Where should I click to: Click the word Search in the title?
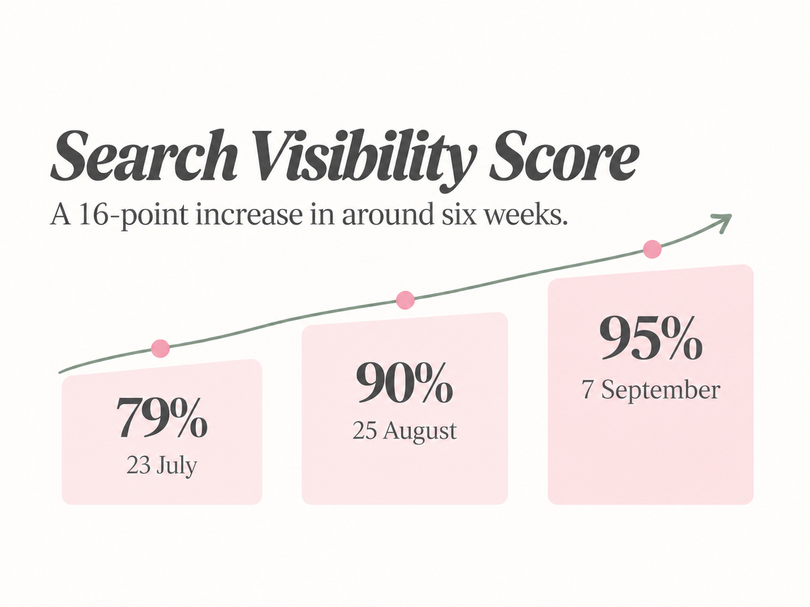point(144,156)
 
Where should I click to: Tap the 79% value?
point(162,416)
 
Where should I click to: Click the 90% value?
point(404,382)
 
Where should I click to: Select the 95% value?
point(651,338)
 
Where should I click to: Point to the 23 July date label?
point(162,466)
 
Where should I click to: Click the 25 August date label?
point(404,431)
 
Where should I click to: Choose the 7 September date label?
point(651,390)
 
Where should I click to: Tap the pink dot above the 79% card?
point(161,348)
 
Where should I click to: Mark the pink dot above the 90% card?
point(405,300)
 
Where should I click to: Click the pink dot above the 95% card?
point(652,249)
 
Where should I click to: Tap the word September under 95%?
point(661,391)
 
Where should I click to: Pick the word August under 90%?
point(420,431)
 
